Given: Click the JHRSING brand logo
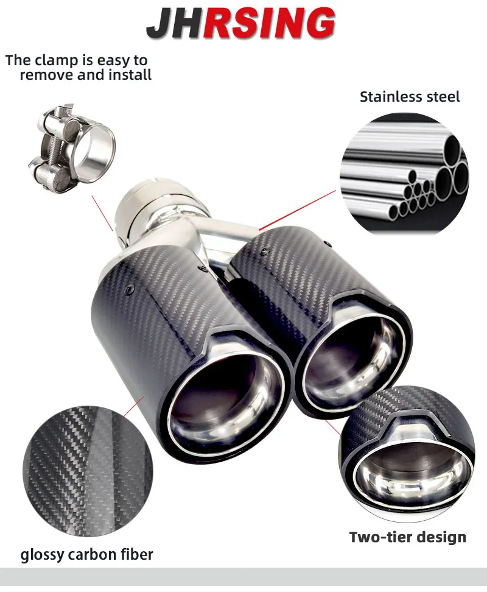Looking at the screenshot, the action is click(x=240, y=23).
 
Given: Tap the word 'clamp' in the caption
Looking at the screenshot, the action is click(x=58, y=60).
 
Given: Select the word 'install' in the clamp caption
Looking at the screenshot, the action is click(x=130, y=75).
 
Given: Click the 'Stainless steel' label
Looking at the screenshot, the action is click(x=410, y=97).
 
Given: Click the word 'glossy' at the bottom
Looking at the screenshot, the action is click(x=41, y=555).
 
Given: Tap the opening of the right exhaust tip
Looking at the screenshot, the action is click(x=352, y=362).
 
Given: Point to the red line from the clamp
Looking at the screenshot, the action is click(x=102, y=213).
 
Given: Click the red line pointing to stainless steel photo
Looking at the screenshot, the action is click(x=297, y=210).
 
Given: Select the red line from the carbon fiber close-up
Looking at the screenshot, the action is click(x=134, y=407).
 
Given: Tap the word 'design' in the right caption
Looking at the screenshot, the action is click(x=438, y=537).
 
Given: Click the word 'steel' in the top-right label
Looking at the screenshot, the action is click(x=443, y=97).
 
